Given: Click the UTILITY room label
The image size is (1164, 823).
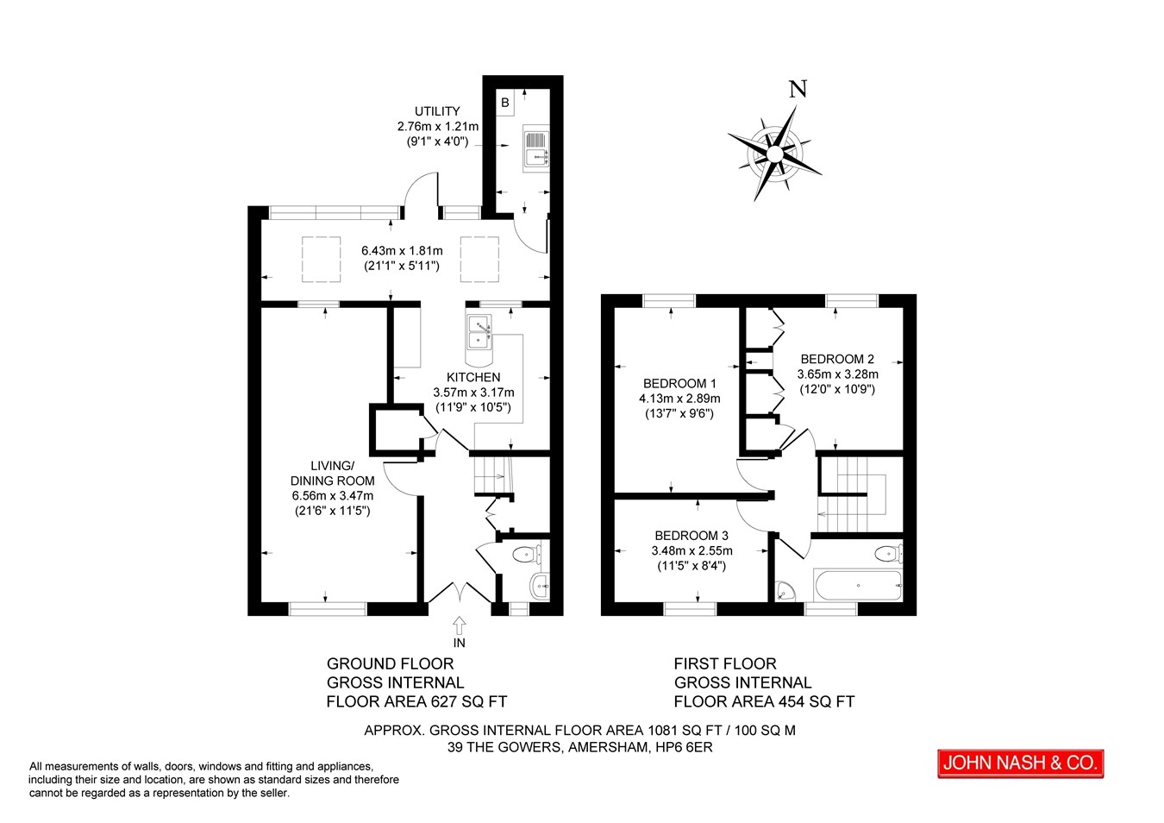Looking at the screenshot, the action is [437, 111].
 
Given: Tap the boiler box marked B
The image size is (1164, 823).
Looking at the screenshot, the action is [505, 103].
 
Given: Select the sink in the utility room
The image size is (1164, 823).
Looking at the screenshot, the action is [535, 148].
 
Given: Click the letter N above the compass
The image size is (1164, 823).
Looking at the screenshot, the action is [798, 89].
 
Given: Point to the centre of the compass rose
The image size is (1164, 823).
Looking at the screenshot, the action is [774, 154].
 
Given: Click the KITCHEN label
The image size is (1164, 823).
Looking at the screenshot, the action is [473, 377].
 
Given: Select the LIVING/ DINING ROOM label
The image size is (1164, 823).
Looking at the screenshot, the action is [333, 473].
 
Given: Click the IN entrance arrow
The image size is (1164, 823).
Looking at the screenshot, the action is [460, 625].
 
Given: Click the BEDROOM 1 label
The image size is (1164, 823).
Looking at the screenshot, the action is [679, 384].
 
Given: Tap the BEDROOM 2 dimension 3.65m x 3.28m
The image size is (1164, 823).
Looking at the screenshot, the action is [838, 374].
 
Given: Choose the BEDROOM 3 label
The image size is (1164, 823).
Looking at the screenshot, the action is [692, 536].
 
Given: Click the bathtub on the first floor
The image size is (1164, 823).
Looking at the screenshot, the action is [858, 586].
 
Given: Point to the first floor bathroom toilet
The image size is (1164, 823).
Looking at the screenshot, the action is [889, 554].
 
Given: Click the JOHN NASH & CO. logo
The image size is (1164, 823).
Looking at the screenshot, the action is [1021, 763].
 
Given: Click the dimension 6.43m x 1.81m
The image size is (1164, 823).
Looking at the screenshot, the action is [402, 250].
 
